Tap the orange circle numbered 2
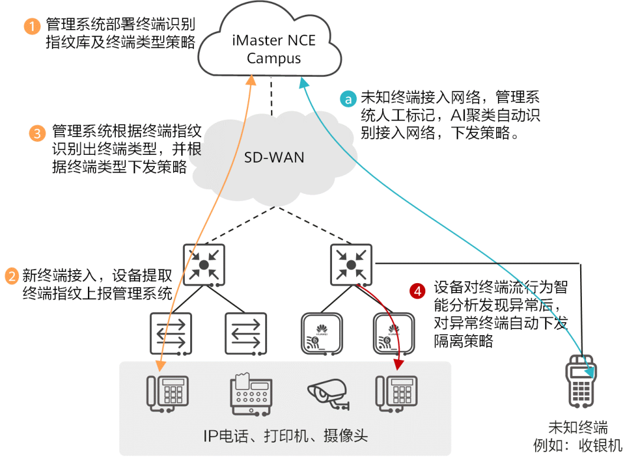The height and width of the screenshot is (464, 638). pyautogui.click(x=12, y=276)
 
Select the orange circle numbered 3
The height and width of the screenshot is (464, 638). pyautogui.click(x=37, y=133)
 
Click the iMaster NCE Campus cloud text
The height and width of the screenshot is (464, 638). pyautogui.click(x=274, y=50)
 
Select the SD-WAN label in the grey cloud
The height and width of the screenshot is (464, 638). pyautogui.click(x=274, y=158)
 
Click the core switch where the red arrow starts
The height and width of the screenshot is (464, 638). pyautogui.click(x=351, y=265)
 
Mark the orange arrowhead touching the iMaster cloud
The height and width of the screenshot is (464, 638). pyautogui.click(x=250, y=80)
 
